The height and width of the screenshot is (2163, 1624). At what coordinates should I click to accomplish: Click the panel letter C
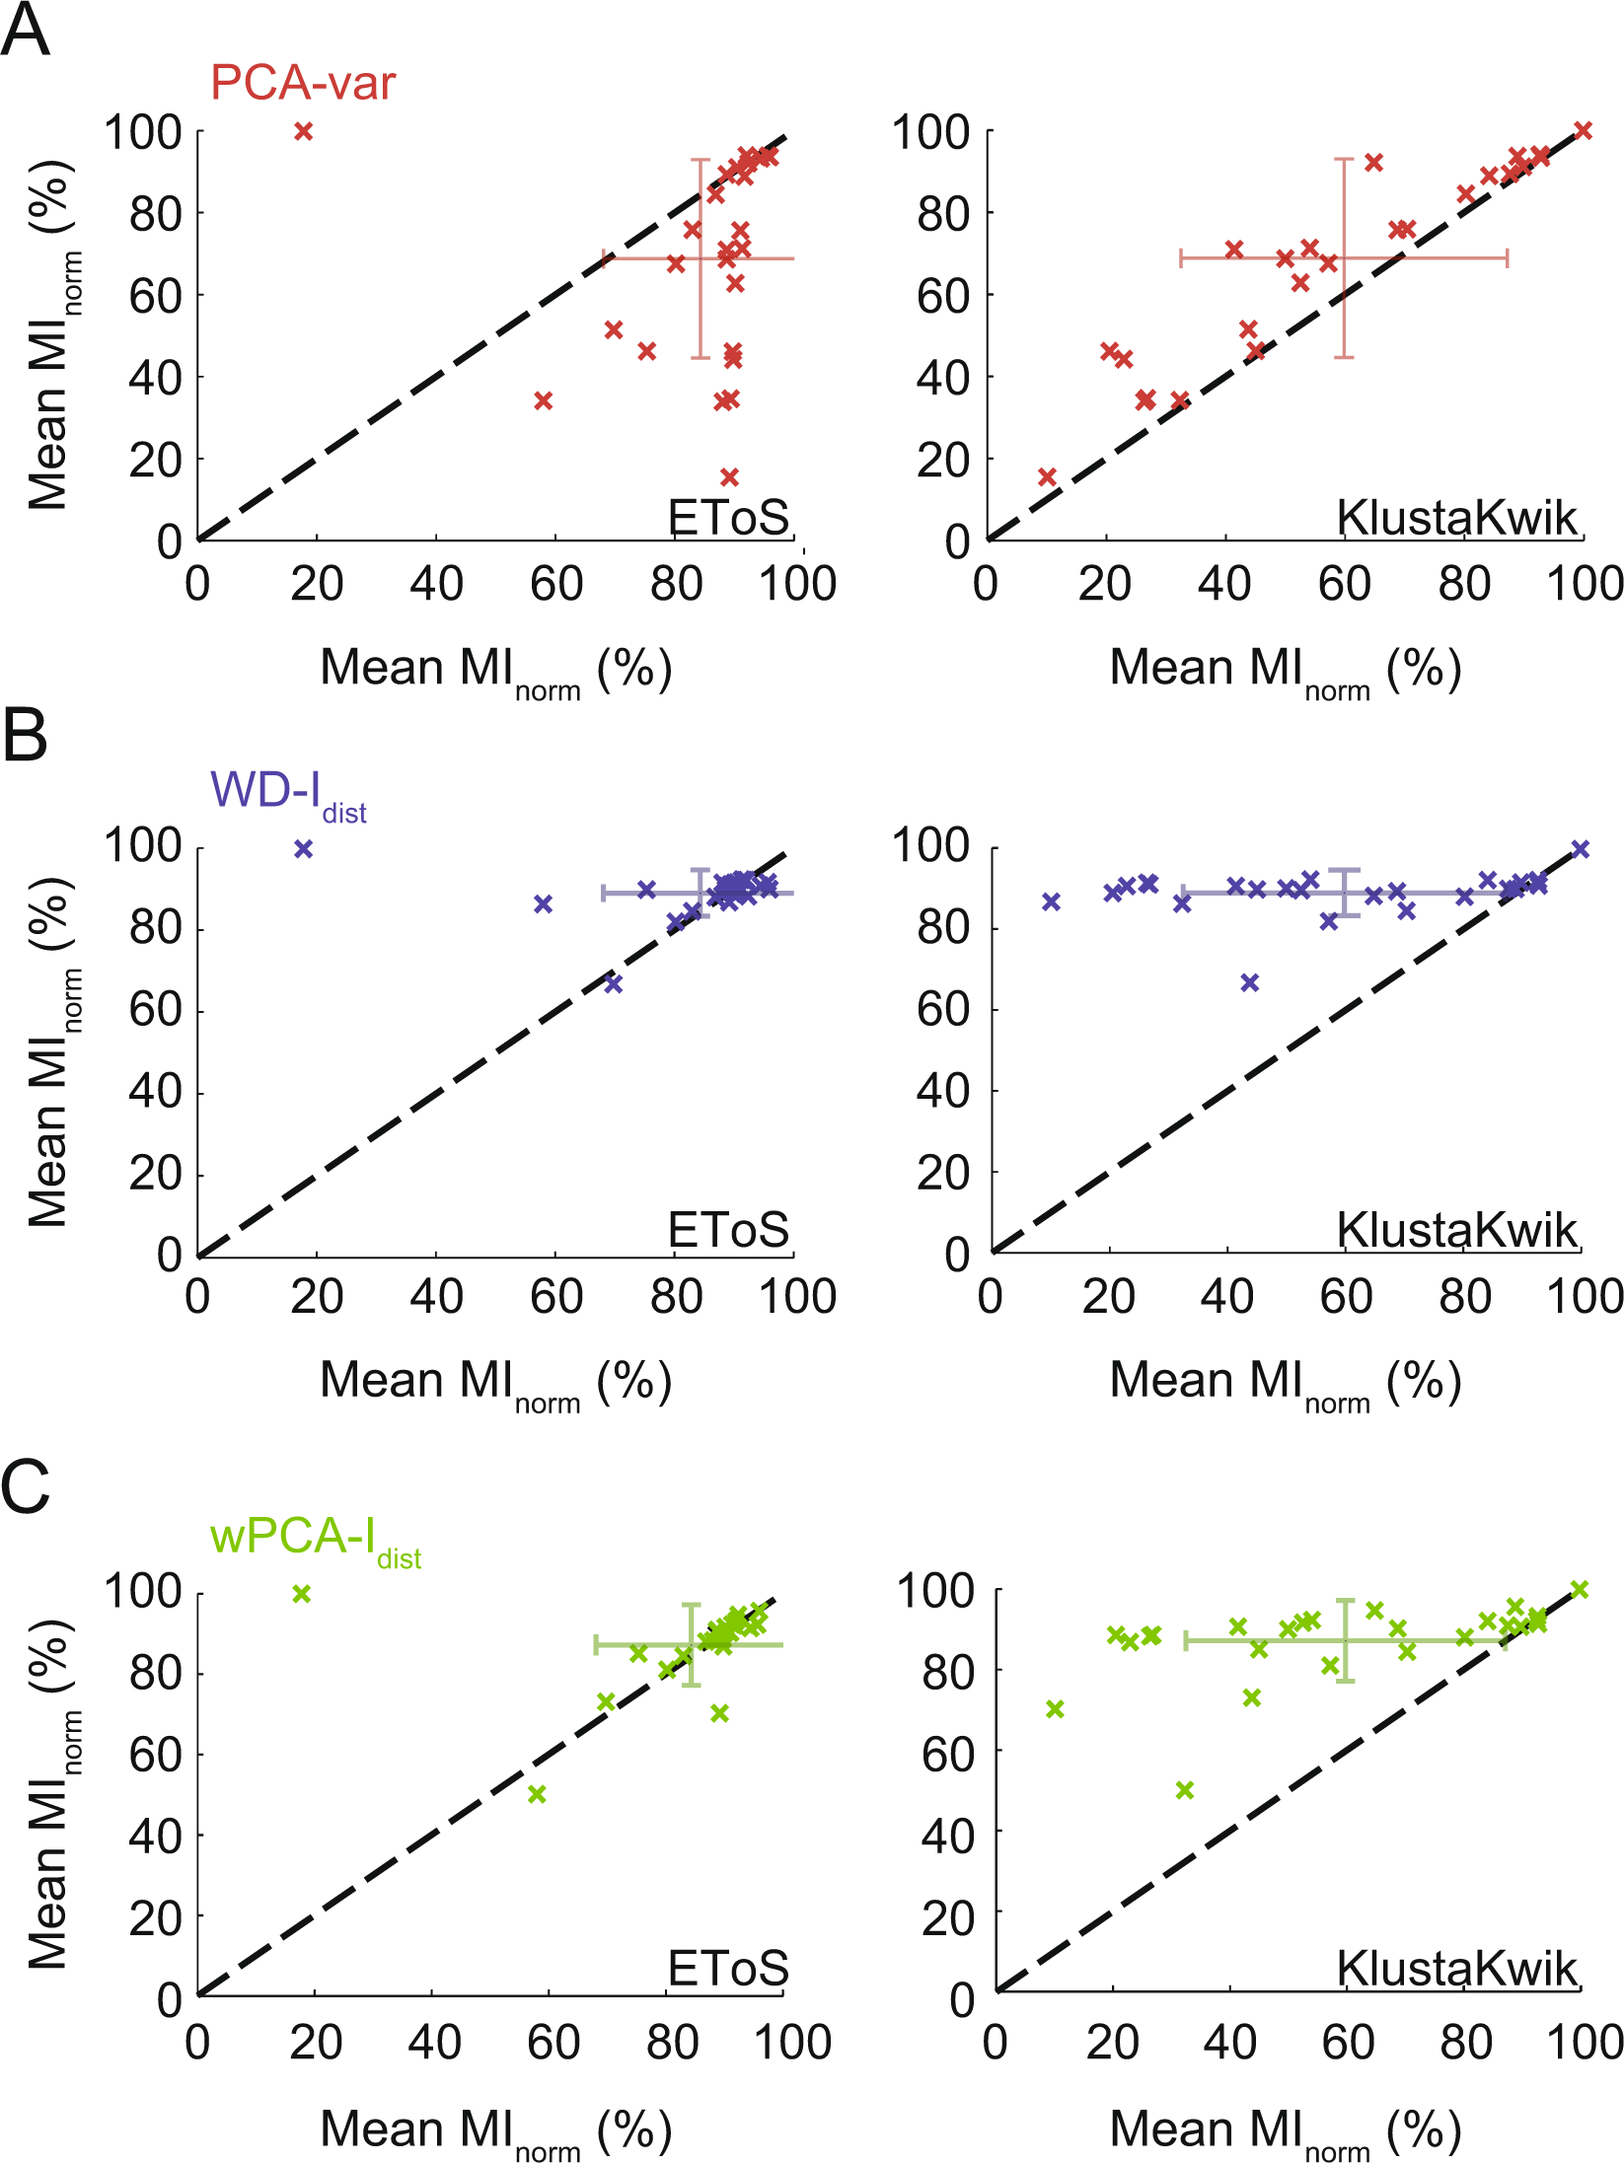pos(25,1486)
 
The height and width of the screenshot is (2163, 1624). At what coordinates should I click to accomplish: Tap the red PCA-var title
pos(303,83)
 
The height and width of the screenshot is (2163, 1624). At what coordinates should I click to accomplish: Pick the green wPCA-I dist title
pos(314,1540)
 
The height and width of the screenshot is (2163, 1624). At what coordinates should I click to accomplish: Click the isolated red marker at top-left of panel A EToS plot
pos(304,131)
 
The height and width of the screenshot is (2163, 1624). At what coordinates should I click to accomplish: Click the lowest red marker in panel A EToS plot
pos(729,477)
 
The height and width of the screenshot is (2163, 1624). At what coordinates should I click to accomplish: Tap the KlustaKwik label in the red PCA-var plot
pos(1456,518)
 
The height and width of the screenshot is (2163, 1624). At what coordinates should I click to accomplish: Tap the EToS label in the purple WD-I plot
pos(728,1230)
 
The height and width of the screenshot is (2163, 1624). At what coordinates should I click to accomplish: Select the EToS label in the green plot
pos(728,1970)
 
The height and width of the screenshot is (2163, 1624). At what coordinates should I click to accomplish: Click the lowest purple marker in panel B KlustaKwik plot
pos(1250,982)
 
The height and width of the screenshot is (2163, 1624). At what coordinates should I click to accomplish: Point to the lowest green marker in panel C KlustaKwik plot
pos(1185,1790)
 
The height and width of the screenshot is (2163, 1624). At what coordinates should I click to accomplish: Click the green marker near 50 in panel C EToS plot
pos(537,1794)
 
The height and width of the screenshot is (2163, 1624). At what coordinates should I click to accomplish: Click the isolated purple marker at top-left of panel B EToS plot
pos(304,849)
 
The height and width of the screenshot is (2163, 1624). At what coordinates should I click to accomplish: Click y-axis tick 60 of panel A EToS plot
pos(155,295)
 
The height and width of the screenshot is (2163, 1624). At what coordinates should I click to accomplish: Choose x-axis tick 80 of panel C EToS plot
pos(673,2043)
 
